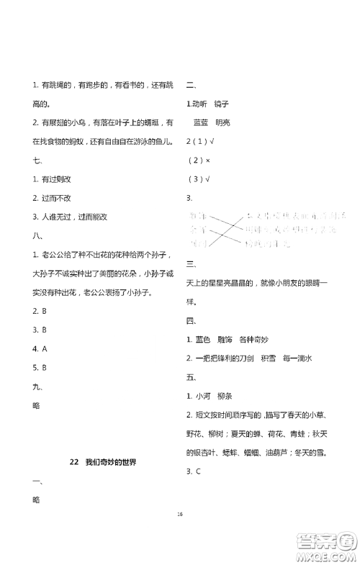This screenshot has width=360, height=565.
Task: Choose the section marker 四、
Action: pyautogui.click(x=192, y=320)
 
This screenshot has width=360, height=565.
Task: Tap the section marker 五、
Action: pyautogui.click(x=192, y=376)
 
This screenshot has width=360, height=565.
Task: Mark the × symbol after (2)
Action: pyautogui.click(x=207, y=160)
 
